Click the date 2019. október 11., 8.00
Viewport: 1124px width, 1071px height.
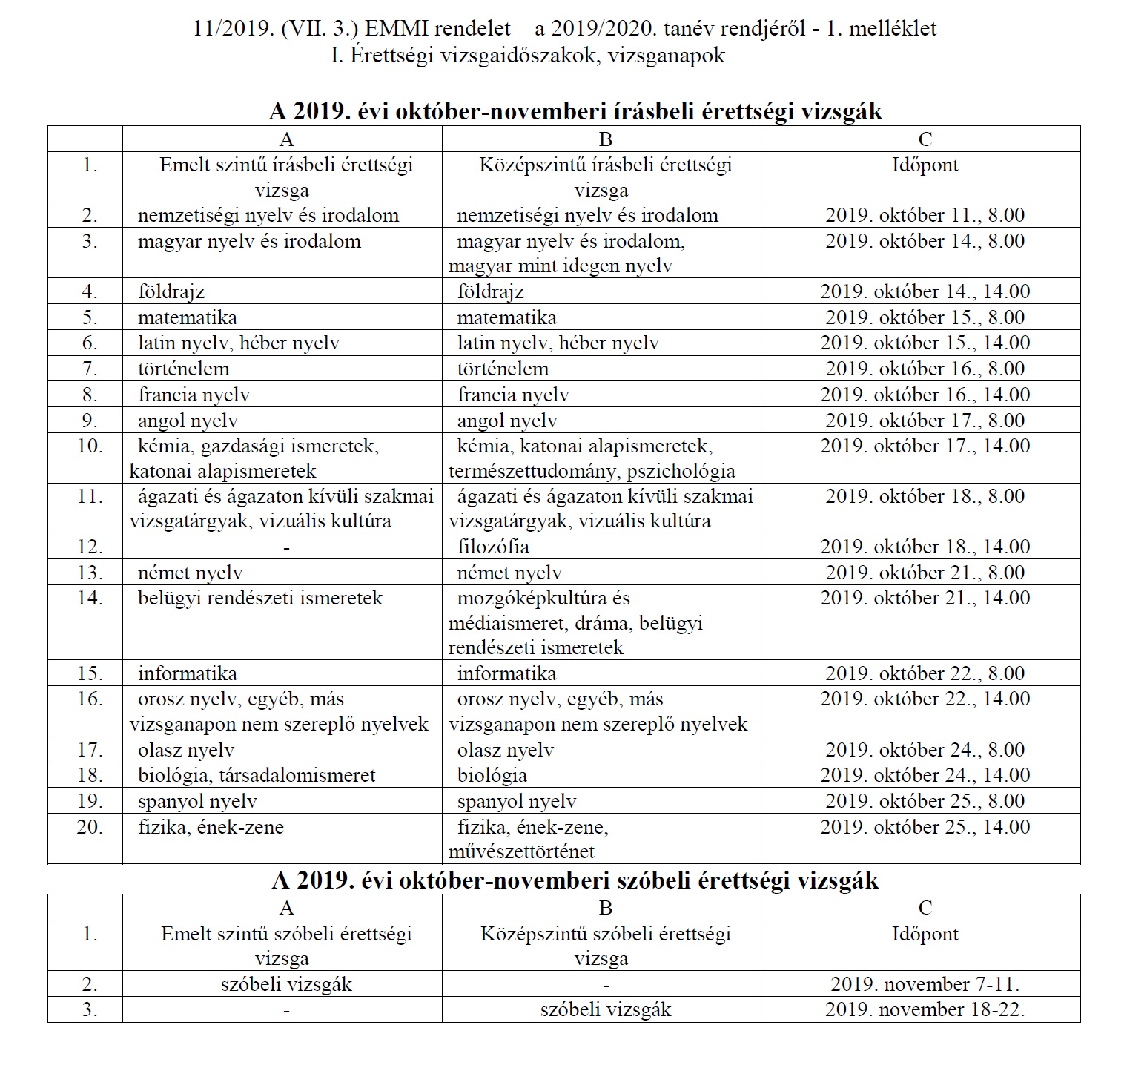925,216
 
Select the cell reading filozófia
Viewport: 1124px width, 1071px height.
493,547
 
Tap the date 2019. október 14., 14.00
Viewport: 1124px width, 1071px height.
925,291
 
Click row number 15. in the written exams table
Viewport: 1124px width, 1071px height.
90,673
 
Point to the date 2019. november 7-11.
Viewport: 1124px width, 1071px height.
925,984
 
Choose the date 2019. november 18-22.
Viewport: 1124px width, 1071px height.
925,1009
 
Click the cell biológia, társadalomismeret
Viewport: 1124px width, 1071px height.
257,776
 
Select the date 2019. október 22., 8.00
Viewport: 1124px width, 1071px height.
925,673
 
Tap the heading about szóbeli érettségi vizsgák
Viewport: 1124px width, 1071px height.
575,880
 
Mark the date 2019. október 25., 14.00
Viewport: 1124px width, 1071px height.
925,827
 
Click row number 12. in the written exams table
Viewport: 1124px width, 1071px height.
90,547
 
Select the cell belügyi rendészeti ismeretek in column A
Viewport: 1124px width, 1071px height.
260,599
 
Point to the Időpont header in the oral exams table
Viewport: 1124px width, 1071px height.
925,934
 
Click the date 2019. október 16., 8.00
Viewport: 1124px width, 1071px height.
925,369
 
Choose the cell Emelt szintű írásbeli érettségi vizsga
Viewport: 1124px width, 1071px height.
285,177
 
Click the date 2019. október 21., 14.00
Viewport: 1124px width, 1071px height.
925,599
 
